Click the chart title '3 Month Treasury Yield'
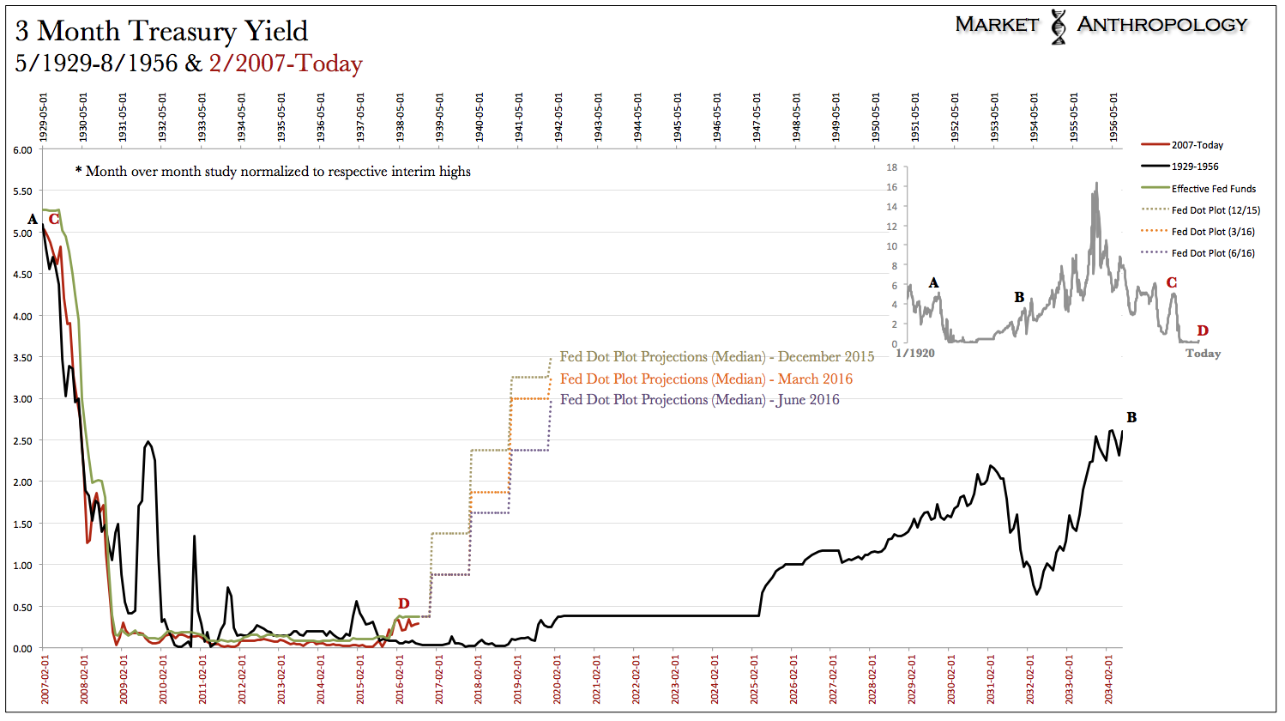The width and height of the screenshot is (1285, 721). [x=161, y=31]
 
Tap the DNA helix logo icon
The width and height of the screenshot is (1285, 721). [x=1059, y=27]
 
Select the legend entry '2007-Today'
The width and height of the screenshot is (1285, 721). [x=1197, y=145]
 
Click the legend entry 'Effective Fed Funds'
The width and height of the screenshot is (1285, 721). [x=1213, y=189]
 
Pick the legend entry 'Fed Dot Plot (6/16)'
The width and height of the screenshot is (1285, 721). [x=1212, y=253]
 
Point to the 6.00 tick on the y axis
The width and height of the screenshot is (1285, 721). [x=22, y=150]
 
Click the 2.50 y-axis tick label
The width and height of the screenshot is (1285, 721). [x=22, y=441]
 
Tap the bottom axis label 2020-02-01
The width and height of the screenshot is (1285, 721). [x=558, y=680]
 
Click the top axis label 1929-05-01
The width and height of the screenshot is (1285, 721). [x=44, y=118]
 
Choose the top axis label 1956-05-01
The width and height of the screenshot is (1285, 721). [x=1113, y=118]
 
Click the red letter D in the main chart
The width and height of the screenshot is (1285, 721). [x=403, y=603]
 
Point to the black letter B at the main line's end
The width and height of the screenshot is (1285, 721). [x=1131, y=418]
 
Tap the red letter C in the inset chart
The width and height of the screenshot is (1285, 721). [x=1171, y=282]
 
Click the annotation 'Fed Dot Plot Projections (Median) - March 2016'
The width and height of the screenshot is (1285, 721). [x=706, y=379]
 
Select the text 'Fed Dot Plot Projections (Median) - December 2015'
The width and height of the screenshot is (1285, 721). [x=716, y=357]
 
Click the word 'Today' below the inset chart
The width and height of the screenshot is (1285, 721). [x=1203, y=354]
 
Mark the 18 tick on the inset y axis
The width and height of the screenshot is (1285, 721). [x=892, y=167]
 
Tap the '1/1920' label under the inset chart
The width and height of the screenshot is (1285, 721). [x=915, y=353]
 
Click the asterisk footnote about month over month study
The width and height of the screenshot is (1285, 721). [x=273, y=172]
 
